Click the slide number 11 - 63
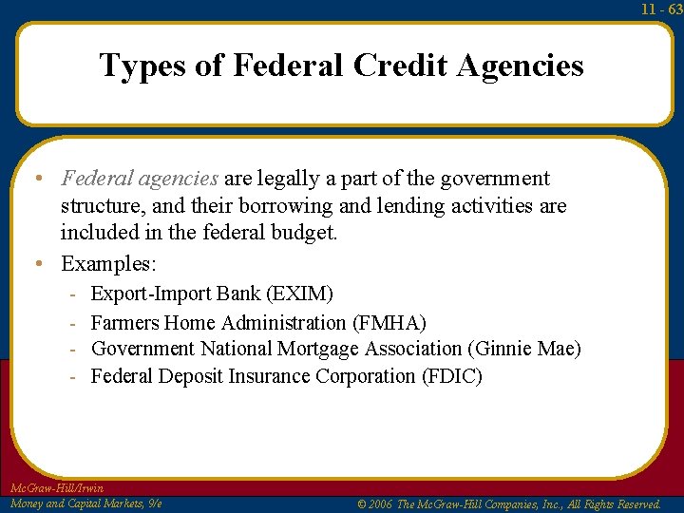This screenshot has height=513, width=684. (660, 9)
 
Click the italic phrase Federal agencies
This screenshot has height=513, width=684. (140, 179)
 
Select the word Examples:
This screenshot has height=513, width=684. (108, 262)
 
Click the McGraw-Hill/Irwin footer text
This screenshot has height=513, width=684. (56, 488)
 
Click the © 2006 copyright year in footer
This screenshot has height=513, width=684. (375, 503)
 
